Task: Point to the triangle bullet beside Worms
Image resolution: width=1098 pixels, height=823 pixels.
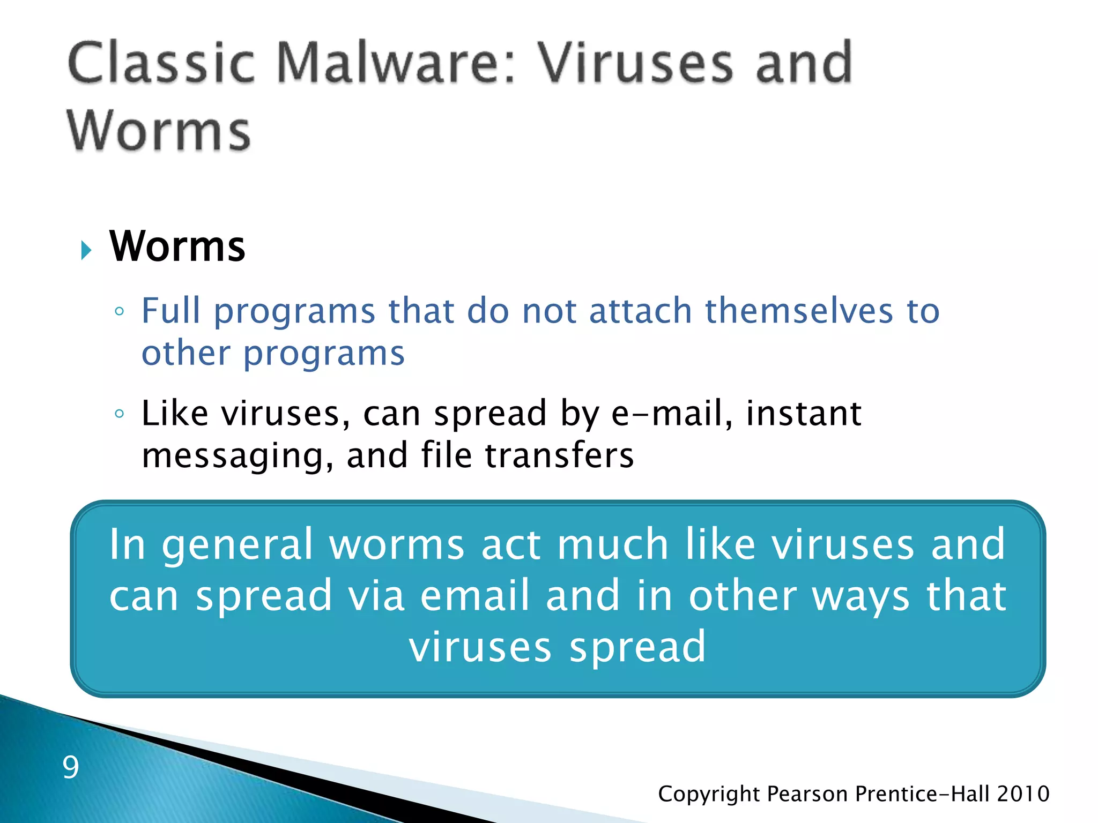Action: (86, 250)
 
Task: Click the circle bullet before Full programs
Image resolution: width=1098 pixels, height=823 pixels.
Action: (120, 311)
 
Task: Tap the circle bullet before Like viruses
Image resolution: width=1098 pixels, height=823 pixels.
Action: (120, 414)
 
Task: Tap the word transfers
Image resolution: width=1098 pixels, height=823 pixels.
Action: (560, 455)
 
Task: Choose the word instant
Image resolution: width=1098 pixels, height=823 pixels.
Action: (804, 414)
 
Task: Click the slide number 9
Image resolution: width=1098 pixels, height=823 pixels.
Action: (71, 767)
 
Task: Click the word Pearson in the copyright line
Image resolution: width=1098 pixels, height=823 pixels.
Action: (808, 794)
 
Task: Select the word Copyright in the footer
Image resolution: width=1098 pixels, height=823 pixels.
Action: (709, 794)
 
